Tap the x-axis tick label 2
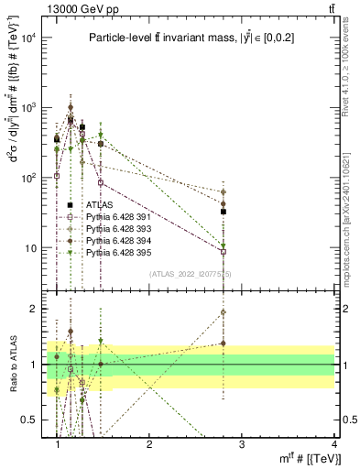tap(149, 442)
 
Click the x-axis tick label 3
tap(242, 442)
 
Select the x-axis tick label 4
tap(333, 442)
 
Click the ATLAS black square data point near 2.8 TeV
tap(224, 212)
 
